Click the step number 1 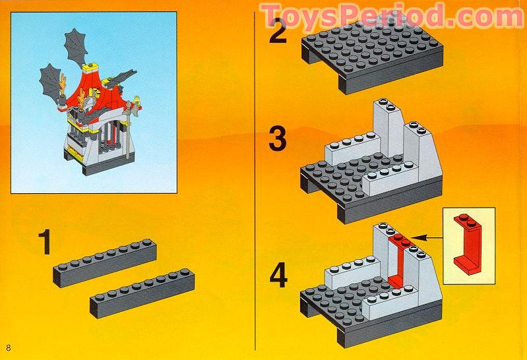click(44, 241)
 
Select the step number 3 click(278, 141)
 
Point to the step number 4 click(278, 275)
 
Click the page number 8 click(9, 347)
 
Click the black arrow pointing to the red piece click(429, 235)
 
